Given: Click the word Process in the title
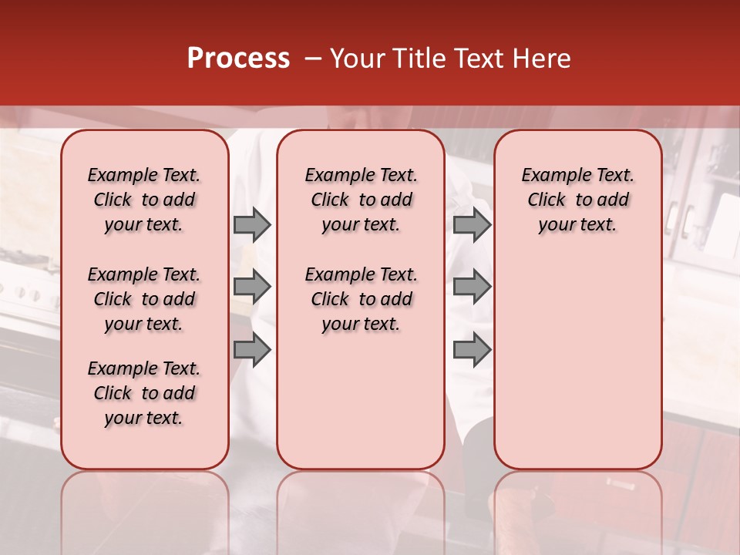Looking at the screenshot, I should pos(238,59).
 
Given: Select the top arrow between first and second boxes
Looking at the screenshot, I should pos(252,224).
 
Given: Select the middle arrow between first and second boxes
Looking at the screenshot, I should pos(252,288).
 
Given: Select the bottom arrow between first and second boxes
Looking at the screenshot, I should pos(252,350).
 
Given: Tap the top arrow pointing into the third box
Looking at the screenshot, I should pos(472,224).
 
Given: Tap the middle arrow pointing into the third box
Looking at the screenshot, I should pos(472,288).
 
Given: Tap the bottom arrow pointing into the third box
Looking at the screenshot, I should pos(472,350).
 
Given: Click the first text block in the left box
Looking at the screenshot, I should pos(144,200).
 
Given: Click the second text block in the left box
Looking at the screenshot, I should pos(144,299).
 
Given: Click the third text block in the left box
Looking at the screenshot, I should pos(144,393).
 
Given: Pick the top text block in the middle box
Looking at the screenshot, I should pos(361,200).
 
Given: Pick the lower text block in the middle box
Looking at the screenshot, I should pos(361,299).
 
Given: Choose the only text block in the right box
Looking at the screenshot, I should pos(577,200).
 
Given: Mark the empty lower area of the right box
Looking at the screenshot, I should pos(577,355).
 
